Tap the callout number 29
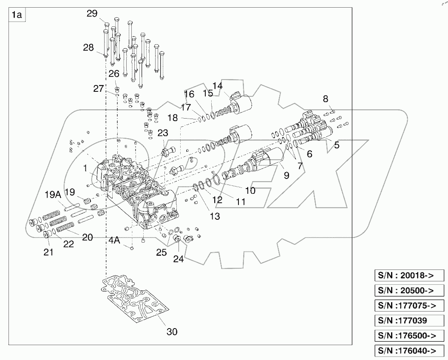[x=92, y=14]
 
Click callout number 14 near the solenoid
[x=217, y=86]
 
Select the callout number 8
[x=326, y=99]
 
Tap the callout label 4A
[x=114, y=241]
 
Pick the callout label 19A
[x=53, y=195]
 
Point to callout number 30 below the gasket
[x=171, y=332]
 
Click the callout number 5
[x=336, y=145]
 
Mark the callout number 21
[x=49, y=252]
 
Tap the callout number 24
[x=178, y=258]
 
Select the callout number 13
[x=215, y=216]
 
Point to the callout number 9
[x=286, y=175]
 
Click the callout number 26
[x=113, y=74]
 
